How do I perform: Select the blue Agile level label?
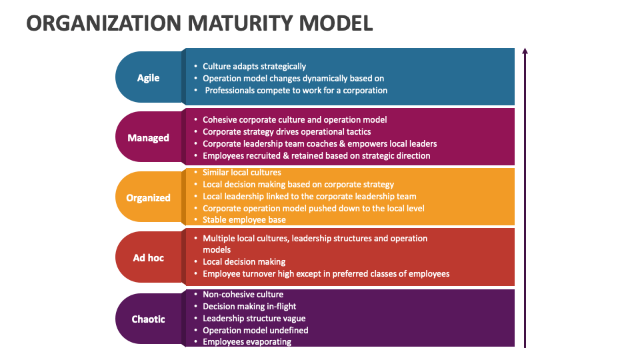coord(148,77)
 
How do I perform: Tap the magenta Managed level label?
coord(148,138)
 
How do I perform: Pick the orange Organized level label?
coord(148,198)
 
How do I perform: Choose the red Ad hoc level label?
coord(148,258)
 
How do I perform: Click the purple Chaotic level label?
coord(148,319)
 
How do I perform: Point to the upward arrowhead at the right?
coord(525,51)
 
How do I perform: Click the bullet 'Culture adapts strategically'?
coord(254,66)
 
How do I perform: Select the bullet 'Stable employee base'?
coord(244,220)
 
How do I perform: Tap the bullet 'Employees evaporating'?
coord(247,342)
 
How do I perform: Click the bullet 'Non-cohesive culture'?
coord(243,294)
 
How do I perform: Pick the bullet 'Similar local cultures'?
coord(242,173)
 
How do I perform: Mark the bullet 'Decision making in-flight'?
coord(249,306)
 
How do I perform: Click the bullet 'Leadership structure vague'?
coord(254,318)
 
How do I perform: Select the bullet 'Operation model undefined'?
coord(255,330)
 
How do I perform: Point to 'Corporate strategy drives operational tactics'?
coord(287,131)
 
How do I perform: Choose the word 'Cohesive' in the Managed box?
coord(221,119)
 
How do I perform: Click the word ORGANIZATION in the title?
coord(103,23)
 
